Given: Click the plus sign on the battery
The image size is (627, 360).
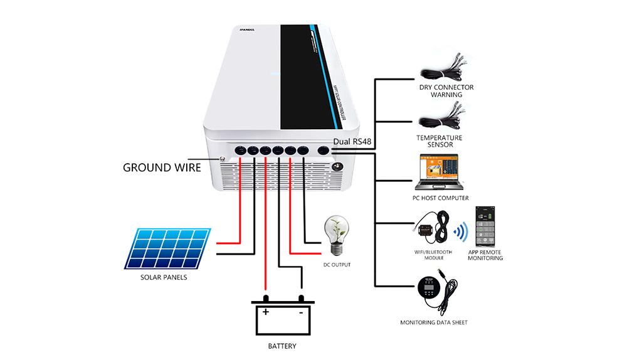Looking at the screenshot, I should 266,312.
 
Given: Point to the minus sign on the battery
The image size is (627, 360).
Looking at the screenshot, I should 301,312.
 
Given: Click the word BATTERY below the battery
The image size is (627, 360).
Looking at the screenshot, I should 282,346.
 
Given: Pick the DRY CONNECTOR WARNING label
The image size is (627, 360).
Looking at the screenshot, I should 446,91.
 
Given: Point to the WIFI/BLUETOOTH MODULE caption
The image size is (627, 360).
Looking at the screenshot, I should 430,255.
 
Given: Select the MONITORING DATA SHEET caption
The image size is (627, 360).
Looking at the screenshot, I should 434,322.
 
